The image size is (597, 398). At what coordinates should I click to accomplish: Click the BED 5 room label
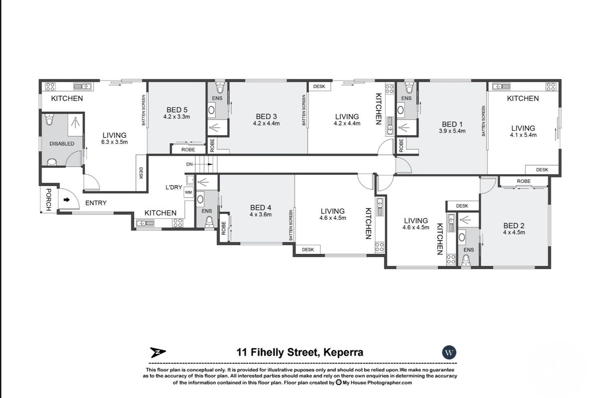[177, 109]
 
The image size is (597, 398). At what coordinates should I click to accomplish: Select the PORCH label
[48, 200]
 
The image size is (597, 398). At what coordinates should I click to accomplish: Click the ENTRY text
[96, 203]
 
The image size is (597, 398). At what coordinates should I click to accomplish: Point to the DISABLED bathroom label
[62, 144]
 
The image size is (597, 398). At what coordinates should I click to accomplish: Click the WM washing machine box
[189, 193]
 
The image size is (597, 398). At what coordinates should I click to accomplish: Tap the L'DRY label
[174, 188]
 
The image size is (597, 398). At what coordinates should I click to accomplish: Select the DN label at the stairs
[189, 164]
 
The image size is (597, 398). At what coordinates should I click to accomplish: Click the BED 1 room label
[452, 124]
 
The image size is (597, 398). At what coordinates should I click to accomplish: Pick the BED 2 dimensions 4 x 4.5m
[514, 232]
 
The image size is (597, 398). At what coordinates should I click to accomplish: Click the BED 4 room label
[261, 207]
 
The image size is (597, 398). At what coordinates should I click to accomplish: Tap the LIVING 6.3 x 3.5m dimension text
[114, 142]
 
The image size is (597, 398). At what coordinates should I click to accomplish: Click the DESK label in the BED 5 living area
[141, 173]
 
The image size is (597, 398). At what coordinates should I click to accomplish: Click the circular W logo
[449, 352]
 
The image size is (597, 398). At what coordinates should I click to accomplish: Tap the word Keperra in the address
[343, 353]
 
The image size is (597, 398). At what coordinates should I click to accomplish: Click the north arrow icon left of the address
[158, 353]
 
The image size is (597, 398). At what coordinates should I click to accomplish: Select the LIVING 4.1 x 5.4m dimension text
[523, 135]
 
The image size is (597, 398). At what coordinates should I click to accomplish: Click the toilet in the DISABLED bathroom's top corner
[49, 119]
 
